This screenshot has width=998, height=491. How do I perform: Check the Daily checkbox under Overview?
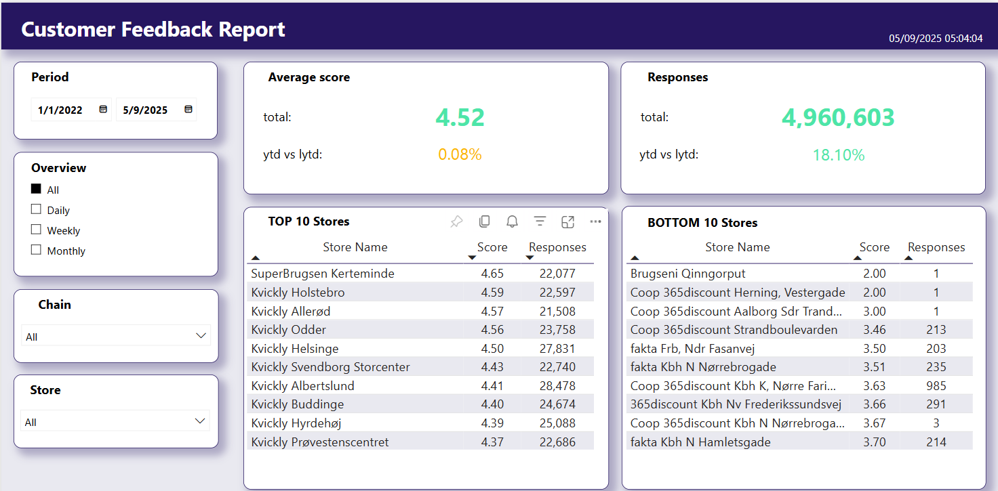(36, 209)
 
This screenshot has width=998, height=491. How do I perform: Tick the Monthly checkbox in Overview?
(36, 250)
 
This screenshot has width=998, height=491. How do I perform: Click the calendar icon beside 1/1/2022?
(103, 110)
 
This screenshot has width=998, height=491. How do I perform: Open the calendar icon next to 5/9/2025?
(188, 110)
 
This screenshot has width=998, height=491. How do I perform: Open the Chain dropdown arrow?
(201, 336)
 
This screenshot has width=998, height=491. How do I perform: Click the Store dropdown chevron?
(200, 421)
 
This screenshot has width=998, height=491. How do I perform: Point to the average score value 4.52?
(460, 118)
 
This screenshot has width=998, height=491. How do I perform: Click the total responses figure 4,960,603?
(838, 118)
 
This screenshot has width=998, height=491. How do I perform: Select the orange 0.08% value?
(460, 154)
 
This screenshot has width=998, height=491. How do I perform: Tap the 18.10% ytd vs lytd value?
(839, 155)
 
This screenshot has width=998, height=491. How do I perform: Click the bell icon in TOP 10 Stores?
(512, 221)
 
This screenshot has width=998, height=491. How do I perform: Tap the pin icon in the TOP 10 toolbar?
(456, 221)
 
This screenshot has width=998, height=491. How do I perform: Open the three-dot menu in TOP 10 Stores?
(595, 221)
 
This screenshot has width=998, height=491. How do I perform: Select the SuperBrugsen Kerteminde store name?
(323, 274)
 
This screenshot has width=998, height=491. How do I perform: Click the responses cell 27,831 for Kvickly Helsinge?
(557, 349)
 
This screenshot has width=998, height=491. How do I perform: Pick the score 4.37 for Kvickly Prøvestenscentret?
(492, 442)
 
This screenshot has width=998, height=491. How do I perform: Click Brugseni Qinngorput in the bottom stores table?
(688, 274)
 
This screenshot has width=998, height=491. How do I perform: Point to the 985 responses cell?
(936, 385)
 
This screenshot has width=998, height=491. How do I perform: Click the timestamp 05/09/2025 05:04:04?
(936, 39)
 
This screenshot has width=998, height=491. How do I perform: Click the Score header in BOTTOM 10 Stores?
(874, 247)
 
